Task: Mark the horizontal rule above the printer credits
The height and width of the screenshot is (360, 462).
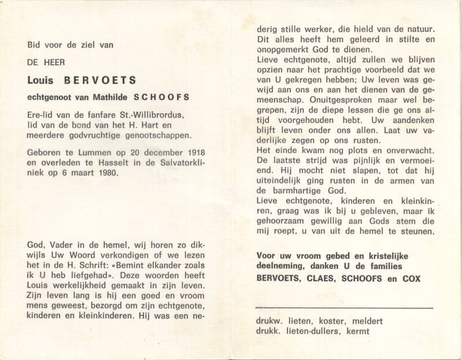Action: [344, 308]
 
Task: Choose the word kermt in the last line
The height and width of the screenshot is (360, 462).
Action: [357, 331]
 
